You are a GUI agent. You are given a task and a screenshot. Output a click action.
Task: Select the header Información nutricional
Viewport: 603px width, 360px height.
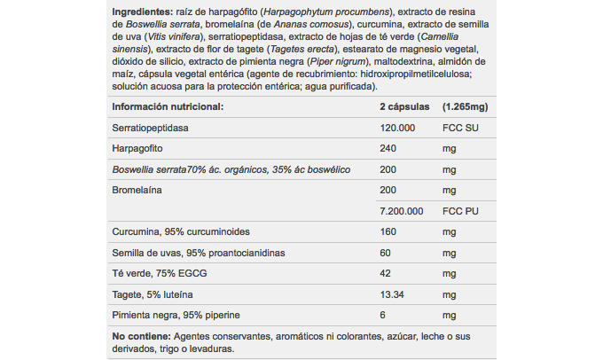tap(167, 107)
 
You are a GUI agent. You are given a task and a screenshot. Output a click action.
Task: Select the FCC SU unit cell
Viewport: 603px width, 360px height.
tap(462, 128)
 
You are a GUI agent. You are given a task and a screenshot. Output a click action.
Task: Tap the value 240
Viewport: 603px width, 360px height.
tap(388, 148)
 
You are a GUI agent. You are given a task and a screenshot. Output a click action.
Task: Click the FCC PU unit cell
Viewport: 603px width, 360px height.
tap(462, 211)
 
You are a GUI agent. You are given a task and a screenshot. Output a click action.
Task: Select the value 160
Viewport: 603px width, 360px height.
tap(388, 232)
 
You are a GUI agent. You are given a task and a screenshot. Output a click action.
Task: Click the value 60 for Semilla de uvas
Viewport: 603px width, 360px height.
tap(386, 253)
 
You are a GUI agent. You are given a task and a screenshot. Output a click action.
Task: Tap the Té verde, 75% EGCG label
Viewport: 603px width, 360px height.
tap(153, 273)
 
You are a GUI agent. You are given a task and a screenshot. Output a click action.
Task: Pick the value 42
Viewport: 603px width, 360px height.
tap(386, 273)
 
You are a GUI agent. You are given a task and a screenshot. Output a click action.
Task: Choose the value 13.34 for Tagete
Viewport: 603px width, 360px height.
tap(393, 294)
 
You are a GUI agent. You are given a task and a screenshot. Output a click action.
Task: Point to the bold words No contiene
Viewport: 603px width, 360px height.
tap(140, 337)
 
